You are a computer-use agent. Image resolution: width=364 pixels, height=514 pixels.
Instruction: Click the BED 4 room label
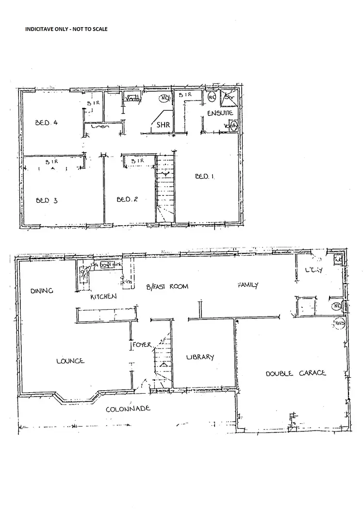[47, 123]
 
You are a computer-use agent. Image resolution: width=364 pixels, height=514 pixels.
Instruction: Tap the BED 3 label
[47, 200]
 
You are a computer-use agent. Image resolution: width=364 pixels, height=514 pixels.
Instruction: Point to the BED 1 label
[205, 177]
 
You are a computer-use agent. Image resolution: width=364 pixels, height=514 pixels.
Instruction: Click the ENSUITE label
[220, 113]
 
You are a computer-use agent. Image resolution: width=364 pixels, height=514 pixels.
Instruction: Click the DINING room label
[41, 291]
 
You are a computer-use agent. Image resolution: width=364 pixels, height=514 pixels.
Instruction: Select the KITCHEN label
[103, 296]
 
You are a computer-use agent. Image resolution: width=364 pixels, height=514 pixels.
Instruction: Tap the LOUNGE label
[70, 361]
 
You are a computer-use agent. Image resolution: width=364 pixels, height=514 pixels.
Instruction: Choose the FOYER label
[143, 345]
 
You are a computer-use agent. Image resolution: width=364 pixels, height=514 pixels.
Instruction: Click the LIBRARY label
[200, 357]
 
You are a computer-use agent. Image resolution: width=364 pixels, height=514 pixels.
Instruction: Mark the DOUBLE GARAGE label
[296, 373]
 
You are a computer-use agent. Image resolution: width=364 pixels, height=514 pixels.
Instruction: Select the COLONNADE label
[128, 409]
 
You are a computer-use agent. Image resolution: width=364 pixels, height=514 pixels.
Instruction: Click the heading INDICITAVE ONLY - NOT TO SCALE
[66, 29]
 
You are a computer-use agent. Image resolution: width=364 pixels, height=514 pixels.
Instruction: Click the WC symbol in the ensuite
[212, 97]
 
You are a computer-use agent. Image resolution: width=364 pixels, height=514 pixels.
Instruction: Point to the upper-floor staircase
[165, 189]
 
